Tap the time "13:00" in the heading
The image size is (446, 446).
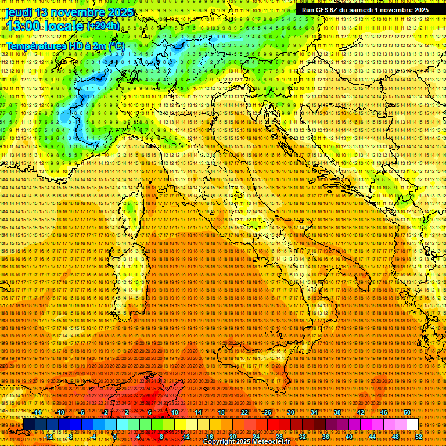pos(24,26)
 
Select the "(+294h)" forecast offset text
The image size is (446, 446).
pos(103,26)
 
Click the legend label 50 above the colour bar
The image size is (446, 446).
pos(407,412)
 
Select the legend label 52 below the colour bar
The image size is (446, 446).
pos(418,436)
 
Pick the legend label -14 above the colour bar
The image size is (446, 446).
pos(38,412)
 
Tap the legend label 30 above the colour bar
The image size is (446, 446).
pos(291,412)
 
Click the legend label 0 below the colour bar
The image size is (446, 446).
pos(115,436)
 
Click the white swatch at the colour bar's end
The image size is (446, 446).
pos(412,425)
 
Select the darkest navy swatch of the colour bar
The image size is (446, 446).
pos(28,425)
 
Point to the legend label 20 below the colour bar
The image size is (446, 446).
pos(232,436)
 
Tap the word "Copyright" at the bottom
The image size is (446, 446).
pos(220,442)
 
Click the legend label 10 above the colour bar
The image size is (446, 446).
pos(175,412)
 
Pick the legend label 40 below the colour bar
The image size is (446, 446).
pos(348,436)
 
